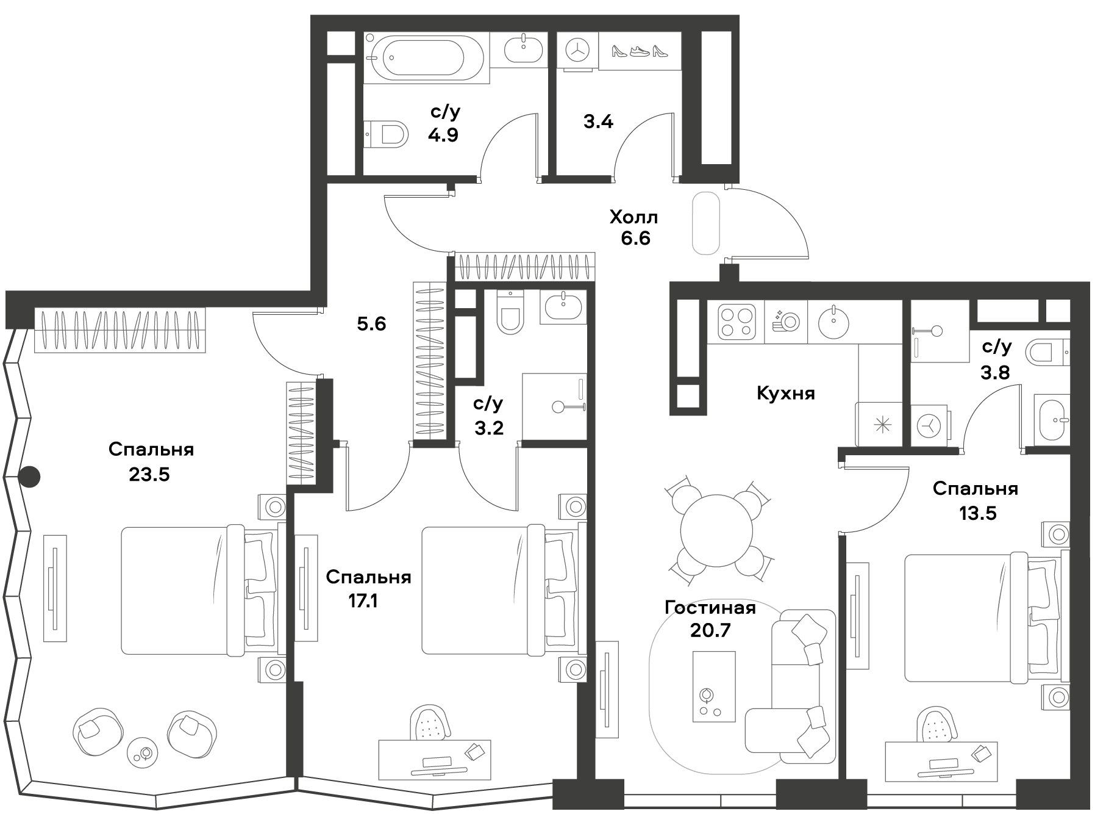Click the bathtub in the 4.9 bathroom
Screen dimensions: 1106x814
(426, 57)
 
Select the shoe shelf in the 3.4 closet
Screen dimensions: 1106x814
(639, 51)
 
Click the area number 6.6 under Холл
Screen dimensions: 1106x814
(635, 238)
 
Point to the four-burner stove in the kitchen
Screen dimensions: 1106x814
(735, 322)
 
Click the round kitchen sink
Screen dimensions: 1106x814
(833, 322)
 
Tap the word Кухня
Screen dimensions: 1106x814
(785, 394)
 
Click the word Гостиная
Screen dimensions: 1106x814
(710, 608)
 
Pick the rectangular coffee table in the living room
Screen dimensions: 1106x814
(714, 686)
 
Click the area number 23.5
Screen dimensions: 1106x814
(149, 474)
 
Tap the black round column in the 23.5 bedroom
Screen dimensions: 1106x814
(29, 477)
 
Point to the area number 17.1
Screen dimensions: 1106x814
(362, 602)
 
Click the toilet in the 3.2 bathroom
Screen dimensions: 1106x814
(510, 311)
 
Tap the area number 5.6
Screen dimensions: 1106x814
(371, 324)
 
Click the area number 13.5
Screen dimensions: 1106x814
(978, 513)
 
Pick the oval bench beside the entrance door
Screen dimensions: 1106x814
(707, 223)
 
